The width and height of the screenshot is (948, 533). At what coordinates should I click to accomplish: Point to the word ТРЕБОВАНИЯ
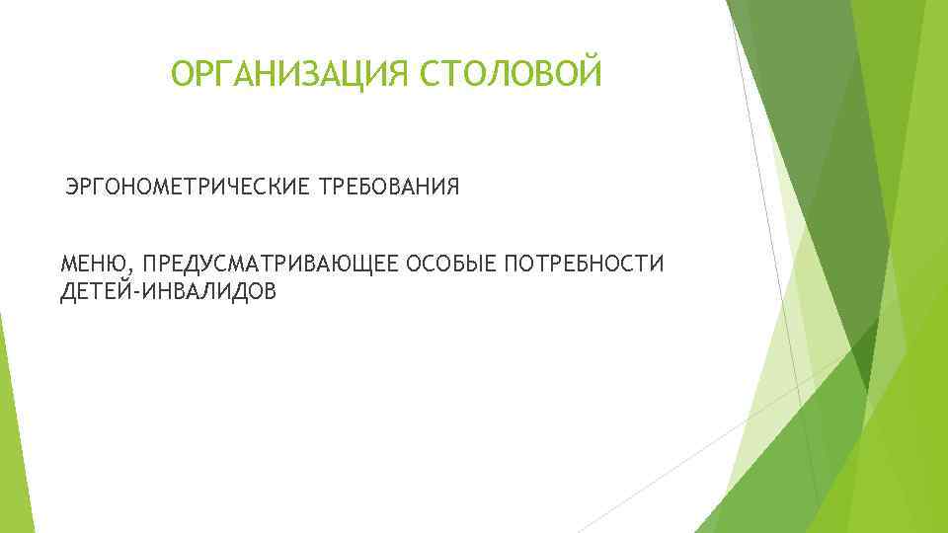coord(388,187)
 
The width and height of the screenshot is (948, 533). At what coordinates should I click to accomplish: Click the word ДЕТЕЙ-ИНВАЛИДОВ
coord(168,291)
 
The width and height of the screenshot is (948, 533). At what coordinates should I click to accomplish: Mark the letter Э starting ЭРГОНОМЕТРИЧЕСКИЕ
coord(72,187)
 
